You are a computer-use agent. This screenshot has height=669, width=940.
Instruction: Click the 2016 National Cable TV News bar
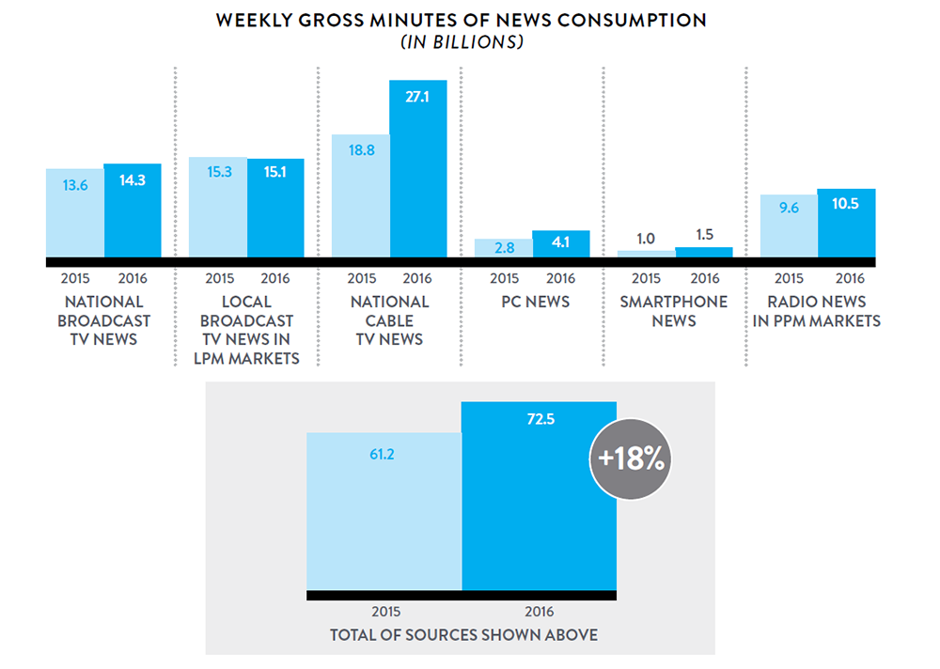418,169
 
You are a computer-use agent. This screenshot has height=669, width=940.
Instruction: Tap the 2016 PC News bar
561,244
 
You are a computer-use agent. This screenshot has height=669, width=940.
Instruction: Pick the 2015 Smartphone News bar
647,254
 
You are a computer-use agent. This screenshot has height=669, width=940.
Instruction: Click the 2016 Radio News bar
846,224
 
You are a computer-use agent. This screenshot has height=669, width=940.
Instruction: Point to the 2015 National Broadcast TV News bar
75,213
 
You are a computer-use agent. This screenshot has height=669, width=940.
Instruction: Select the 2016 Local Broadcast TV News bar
275,208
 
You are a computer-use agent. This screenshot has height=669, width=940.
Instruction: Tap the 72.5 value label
540,419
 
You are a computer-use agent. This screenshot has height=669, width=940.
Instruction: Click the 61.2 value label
384,455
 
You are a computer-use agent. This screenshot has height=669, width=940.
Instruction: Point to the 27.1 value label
417,96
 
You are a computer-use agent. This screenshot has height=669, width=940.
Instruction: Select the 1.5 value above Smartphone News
703,233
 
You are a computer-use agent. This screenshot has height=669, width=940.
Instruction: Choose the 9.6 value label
788,209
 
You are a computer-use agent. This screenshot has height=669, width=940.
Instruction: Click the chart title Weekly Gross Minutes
461,20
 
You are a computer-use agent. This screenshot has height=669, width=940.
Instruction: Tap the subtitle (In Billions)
462,43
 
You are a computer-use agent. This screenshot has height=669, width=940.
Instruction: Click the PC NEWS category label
532,302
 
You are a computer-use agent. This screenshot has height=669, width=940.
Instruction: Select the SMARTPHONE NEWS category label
674,311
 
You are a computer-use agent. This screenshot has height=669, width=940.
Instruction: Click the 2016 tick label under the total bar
540,611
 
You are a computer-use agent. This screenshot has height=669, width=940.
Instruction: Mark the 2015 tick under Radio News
789,278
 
